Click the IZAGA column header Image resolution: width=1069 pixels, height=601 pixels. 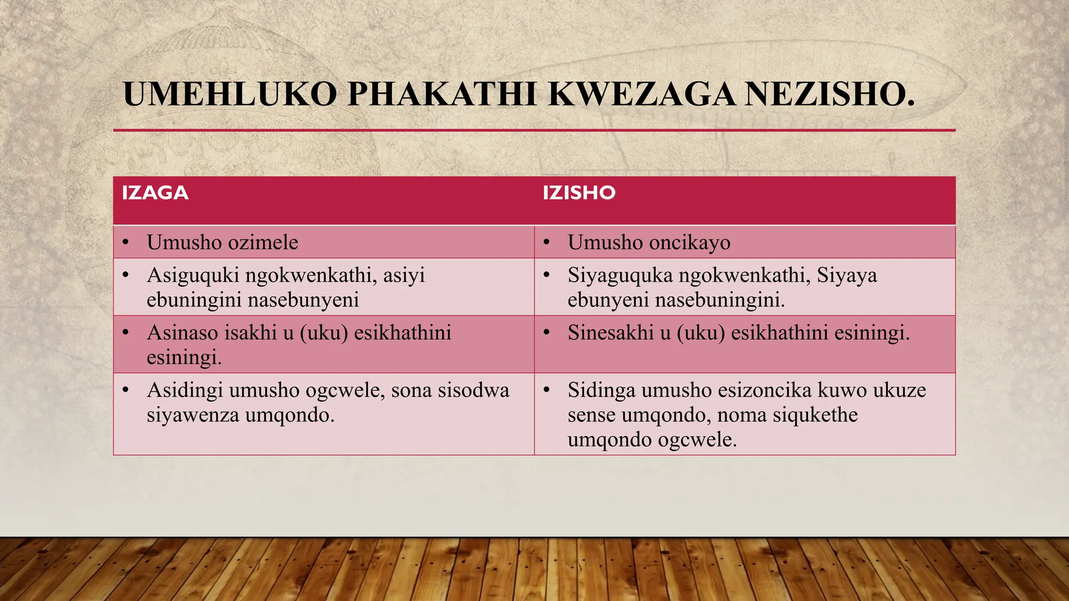(155, 193)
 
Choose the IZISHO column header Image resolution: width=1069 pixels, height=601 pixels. (579, 193)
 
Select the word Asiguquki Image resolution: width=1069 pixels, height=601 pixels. (193, 275)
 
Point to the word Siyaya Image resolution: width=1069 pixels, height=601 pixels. (847, 275)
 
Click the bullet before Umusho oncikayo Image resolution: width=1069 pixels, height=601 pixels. (547, 243)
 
